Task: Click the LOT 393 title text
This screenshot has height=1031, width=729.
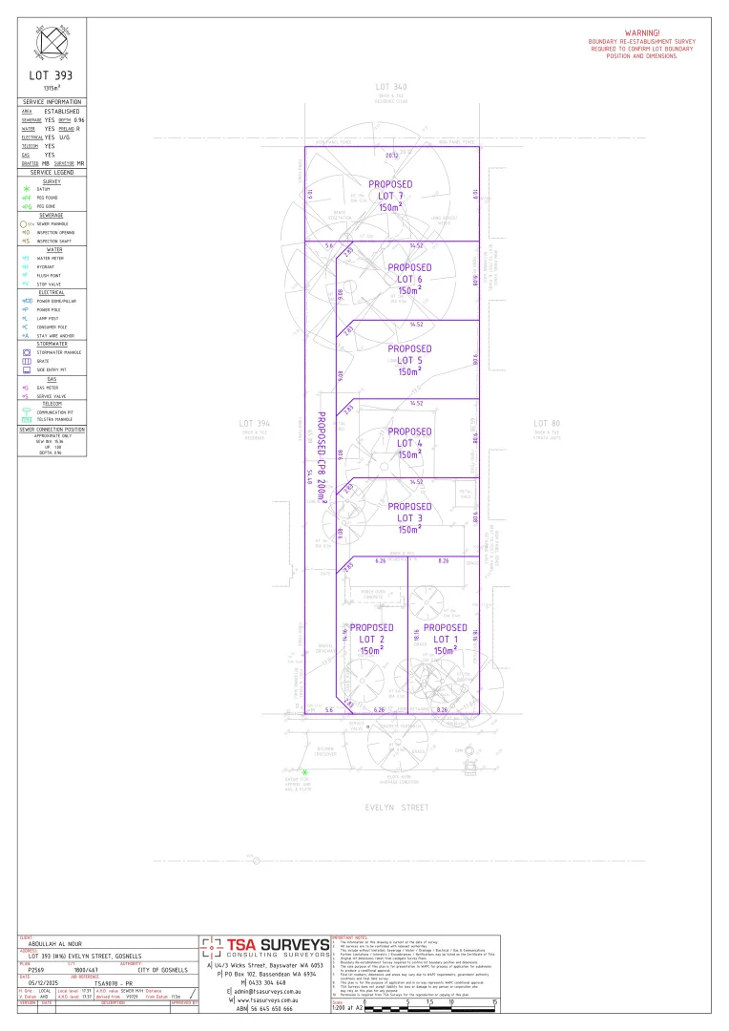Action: [52, 74]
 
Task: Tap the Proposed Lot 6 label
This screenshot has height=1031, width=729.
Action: [408, 279]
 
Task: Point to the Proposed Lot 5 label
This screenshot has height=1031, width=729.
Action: [409, 360]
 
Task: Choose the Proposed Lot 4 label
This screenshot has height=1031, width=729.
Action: [410, 443]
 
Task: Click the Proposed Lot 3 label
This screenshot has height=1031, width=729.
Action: [409, 517]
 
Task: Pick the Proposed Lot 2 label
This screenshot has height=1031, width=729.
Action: [372, 639]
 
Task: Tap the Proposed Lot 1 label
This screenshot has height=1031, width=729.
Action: [446, 639]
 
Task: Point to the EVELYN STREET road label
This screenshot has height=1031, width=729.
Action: [398, 807]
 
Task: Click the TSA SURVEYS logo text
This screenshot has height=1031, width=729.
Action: [278, 946]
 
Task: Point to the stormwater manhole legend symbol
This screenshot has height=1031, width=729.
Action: [27, 352]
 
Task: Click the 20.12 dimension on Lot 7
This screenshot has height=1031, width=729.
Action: [391, 155]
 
